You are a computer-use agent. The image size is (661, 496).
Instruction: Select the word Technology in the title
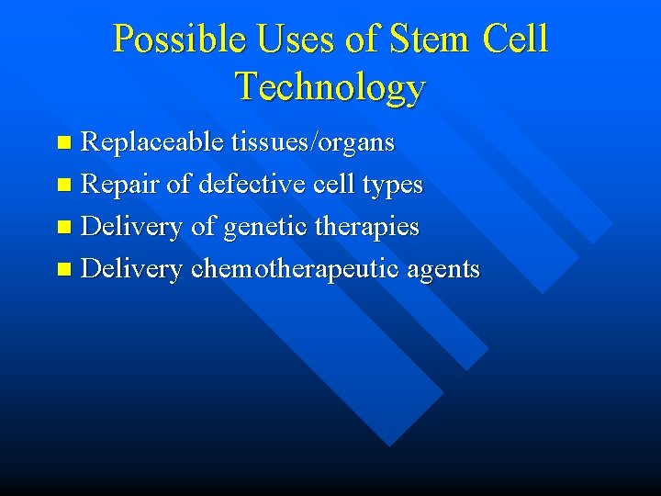330,86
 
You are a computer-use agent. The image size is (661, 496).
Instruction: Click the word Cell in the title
517,39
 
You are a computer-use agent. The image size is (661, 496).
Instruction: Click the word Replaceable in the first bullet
151,142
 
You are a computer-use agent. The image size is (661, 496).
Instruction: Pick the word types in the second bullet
392,185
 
